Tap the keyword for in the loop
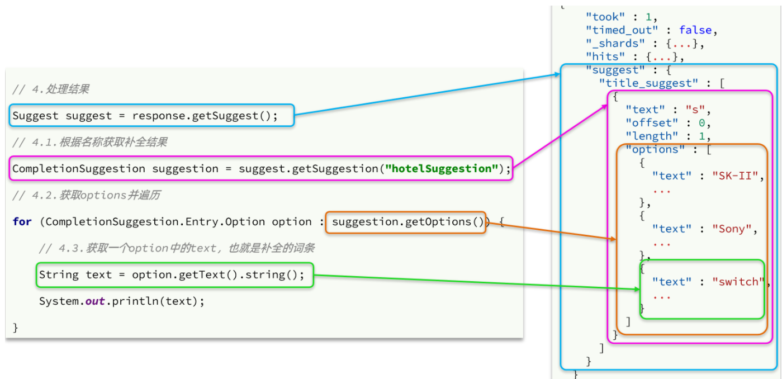point(22,222)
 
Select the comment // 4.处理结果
point(51,89)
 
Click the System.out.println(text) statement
point(121,301)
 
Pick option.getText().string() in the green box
point(217,275)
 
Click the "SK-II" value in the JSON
point(736,176)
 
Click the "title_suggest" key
point(648,83)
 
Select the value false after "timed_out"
point(695,30)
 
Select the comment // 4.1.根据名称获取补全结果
point(90,143)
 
